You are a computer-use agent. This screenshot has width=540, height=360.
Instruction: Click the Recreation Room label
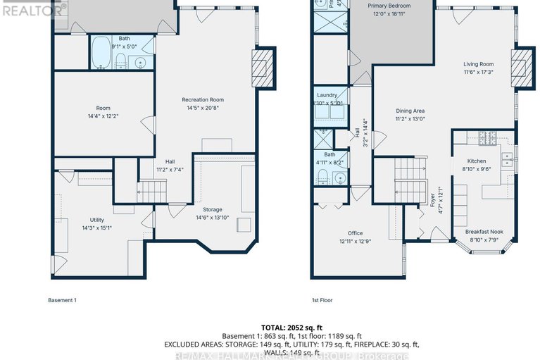(203, 99)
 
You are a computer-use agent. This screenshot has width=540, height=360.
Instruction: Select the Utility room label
(96, 220)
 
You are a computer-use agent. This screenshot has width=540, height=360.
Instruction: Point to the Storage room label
(212, 209)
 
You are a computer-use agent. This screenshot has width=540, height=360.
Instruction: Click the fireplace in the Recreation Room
(262, 68)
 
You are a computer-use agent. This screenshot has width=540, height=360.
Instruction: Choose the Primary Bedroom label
(390, 6)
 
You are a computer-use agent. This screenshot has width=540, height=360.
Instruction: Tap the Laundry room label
(327, 95)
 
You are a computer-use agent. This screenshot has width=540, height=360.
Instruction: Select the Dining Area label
(410, 111)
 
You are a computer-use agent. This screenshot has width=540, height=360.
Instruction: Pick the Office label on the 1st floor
(355, 233)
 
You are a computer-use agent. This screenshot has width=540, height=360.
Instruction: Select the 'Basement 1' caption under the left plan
(62, 300)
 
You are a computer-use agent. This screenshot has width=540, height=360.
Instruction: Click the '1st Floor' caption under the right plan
(322, 300)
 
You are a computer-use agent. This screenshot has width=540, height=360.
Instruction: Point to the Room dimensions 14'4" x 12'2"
(103, 116)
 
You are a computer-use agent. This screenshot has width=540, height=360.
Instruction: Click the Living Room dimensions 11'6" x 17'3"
(478, 72)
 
